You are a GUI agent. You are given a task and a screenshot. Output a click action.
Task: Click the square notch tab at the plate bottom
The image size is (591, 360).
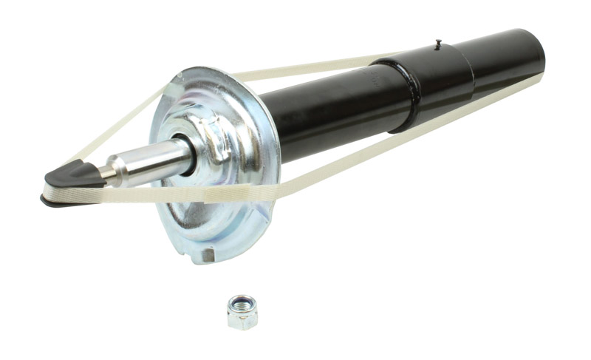(x=209, y=254)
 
